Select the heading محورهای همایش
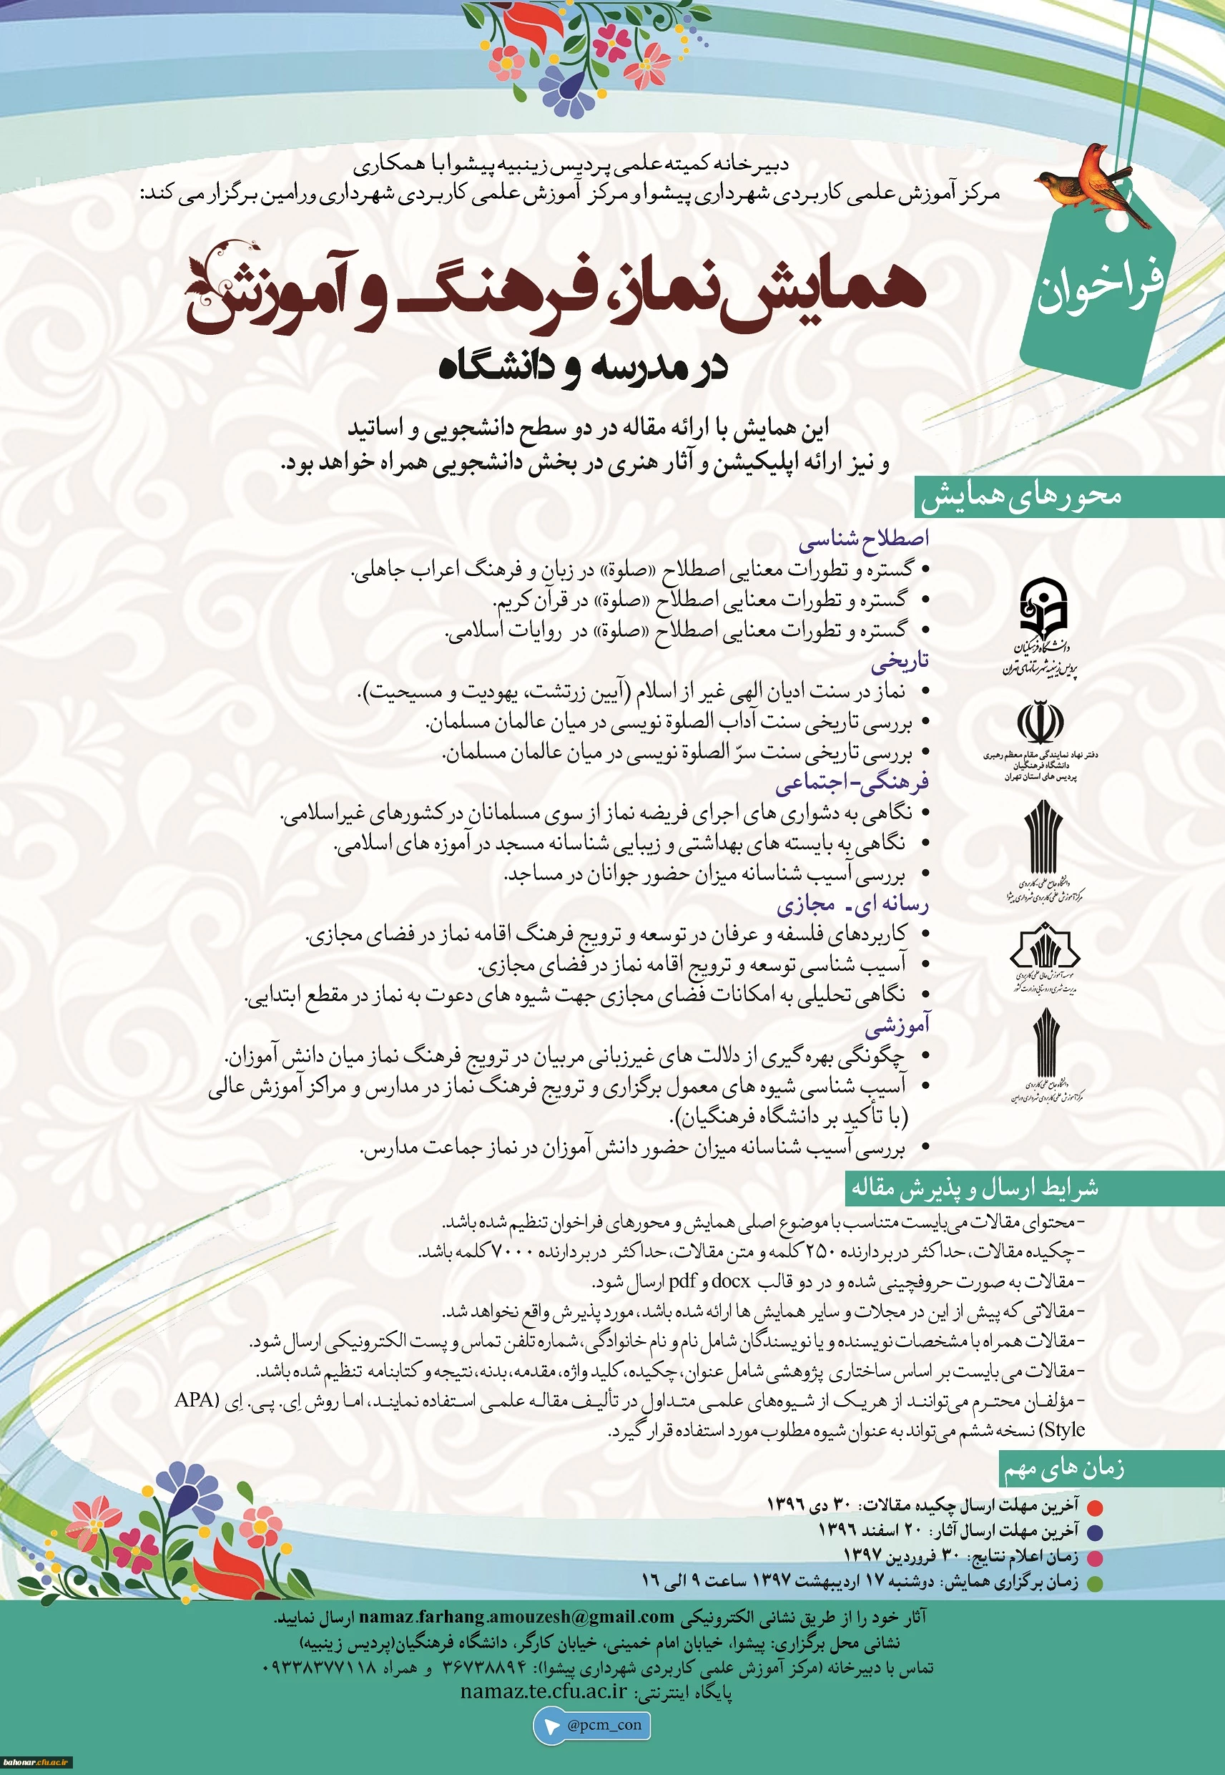(x=1022, y=496)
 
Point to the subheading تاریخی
(x=900, y=661)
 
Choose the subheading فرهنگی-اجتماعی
(x=852, y=783)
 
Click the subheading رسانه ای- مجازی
(x=852, y=904)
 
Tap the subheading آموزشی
(x=897, y=1025)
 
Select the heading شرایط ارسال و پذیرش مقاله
(x=974, y=1188)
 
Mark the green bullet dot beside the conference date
(x=1096, y=1583)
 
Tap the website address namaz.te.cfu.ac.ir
(x=543, y=1691)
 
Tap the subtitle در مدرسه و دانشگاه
(x=583, y=367)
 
